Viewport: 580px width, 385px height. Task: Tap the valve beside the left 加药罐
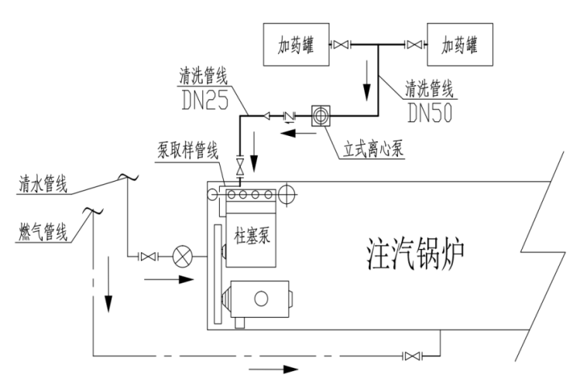[341, 46]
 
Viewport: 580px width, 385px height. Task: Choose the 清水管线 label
[43, 185]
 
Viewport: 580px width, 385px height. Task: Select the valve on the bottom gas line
[412, 356]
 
